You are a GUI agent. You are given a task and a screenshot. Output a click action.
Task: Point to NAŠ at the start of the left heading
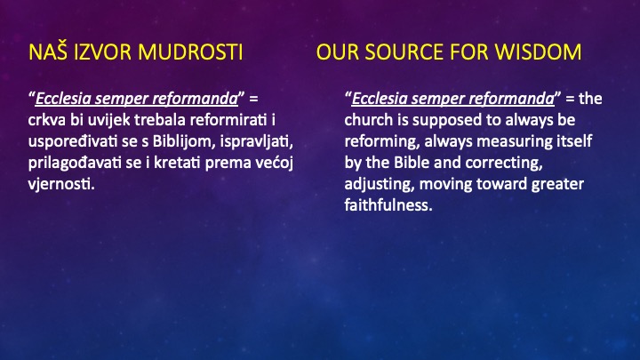(45, 52)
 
